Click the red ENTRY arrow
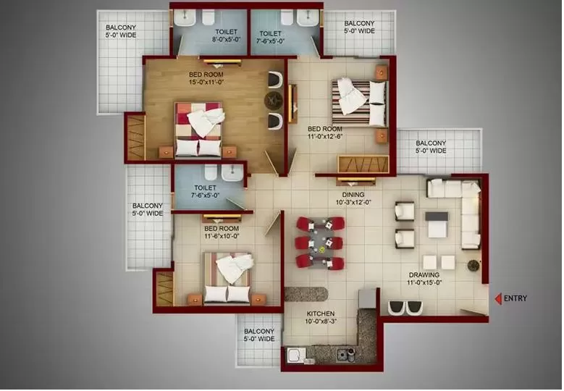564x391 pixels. (498, 298)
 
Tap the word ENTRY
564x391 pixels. (515, 298)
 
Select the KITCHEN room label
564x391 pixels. (321, 314)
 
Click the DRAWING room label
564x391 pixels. (424, 275)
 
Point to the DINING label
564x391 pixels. (353, 195)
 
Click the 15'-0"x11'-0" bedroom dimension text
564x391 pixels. (206, 82)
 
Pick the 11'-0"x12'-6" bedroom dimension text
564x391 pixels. (325, 136)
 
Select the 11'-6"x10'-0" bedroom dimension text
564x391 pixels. (222, 236)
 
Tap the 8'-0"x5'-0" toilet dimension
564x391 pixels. (226, 40)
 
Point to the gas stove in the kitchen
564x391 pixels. (346, 355)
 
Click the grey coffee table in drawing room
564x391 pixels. (437, 224)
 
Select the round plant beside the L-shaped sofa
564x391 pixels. (473, 265)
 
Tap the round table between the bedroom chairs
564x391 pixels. (274, 100)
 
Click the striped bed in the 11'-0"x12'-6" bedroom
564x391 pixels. (358, 102)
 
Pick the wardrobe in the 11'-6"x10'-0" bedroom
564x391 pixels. (165, 289)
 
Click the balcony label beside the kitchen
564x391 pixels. (259, 335)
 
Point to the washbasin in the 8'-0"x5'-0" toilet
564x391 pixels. (185, 17)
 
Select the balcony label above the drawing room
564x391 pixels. (431, 147)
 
